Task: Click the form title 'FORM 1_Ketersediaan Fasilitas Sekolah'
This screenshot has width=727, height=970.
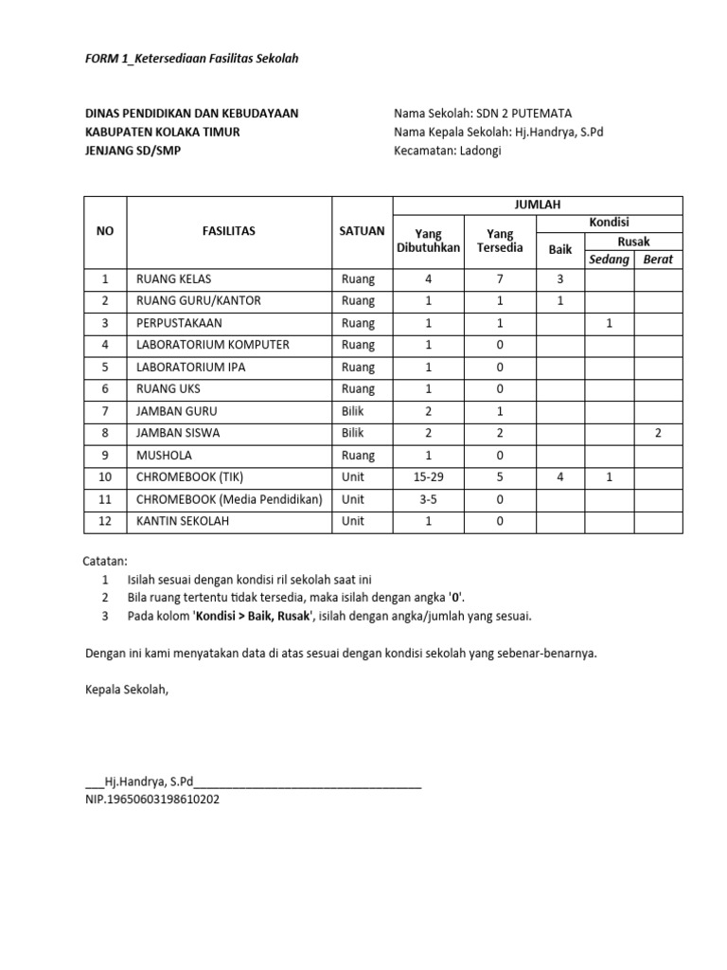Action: click(x=192, y=59)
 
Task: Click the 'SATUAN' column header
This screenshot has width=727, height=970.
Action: click(x=362, y=230)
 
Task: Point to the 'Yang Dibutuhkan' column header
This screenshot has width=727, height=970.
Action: click(x=427, y=240)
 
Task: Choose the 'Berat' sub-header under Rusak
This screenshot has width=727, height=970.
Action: click(x=658, y=259)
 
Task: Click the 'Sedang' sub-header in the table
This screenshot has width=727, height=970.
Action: click(x=609, y=259)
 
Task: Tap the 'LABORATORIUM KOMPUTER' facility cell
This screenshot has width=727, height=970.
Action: click(x=213, y=345)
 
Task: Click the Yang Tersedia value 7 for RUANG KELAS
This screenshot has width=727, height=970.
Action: click(x=500, y=279)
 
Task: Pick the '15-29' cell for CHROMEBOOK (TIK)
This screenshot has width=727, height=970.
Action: click(x=427, y=477)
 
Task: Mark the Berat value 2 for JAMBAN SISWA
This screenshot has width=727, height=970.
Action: click(x=658, y=433)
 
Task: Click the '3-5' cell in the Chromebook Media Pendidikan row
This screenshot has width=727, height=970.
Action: click(x=427, y=499)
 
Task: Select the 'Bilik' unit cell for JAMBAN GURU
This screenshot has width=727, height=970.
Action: click(x=353, y=411)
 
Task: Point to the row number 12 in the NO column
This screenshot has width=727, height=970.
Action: click(x=106, y=521)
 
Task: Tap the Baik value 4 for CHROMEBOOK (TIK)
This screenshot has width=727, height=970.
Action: click(x=560, y=477)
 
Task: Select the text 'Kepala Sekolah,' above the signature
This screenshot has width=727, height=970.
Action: click(x=126, y=689)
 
